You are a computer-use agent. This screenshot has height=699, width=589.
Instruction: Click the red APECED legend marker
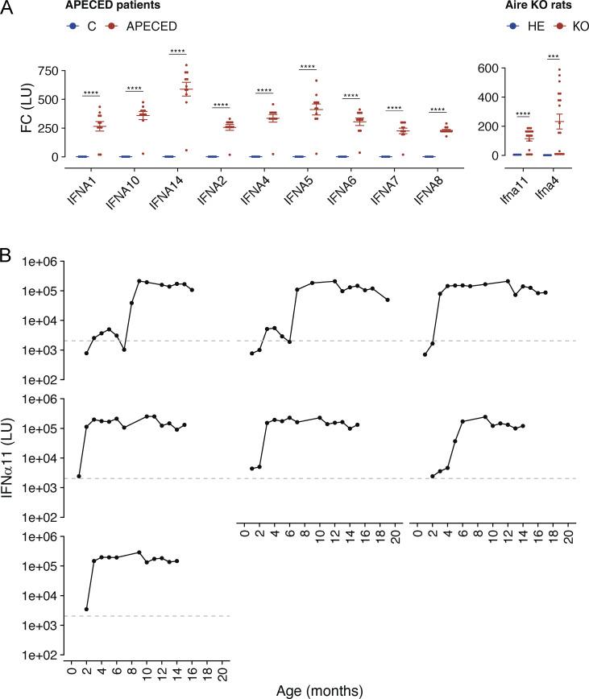(x=107, y=27)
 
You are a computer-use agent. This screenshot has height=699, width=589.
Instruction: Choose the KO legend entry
(x=572, y=27)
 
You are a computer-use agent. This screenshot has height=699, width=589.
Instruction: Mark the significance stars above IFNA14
(x=178, y=52)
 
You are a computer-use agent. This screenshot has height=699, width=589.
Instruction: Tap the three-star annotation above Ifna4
(x=553, y=56)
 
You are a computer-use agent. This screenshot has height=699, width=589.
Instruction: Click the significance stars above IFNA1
(x=90, y=93)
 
